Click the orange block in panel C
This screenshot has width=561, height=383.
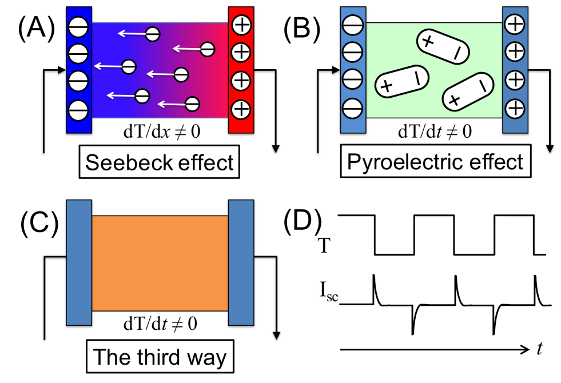click(160, 263)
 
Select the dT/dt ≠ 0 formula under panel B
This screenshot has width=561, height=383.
click(434, 132)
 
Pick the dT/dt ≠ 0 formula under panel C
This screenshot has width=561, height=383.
click(160, 325)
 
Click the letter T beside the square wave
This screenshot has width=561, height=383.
click(324, 247)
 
